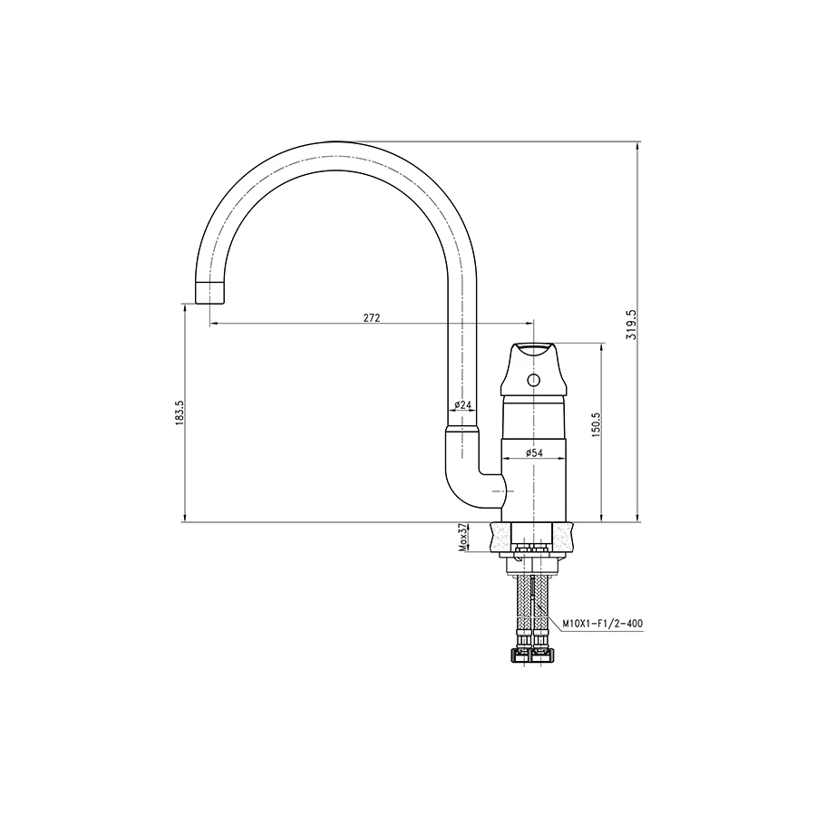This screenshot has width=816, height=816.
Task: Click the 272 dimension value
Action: pyautogui.click(x=372, y=318)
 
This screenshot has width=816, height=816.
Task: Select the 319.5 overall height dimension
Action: pyautogui.click(x=632, y=325)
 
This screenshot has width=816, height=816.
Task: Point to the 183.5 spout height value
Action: pyautogui.click(x=180, y=413)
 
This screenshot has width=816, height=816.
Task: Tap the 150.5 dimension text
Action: pyautogui.click(x=596, y=424)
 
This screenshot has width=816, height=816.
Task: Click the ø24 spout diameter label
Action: pyautogui.click(x=462, y=404)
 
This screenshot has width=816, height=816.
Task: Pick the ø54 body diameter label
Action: pyautogui.click(x=534, y=452)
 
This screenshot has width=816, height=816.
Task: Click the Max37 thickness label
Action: pyautogui.click(x=462, y=537)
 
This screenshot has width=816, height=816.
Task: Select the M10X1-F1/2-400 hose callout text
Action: pyautogui.click(x=603, y=623)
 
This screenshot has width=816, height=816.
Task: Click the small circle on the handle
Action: pyautogui.click(x=533, y=381)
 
